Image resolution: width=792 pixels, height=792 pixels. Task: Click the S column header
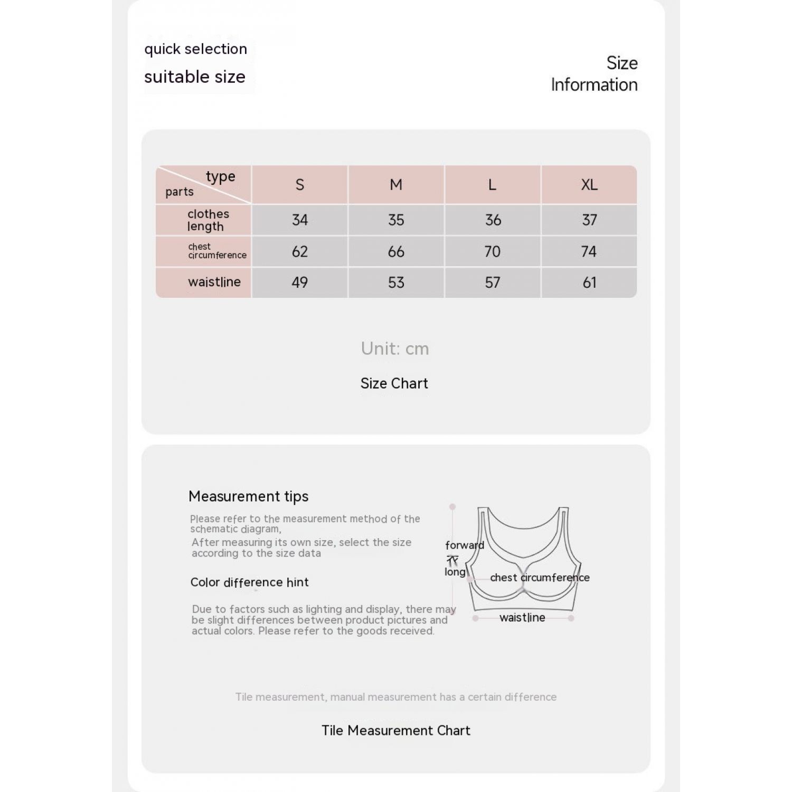tap(299, 185)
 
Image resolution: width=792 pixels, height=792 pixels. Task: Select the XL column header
tap(589, 185)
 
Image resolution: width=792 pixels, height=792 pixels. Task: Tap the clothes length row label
tap(208, 220)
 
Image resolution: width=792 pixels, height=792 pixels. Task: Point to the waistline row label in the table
tap(214, 282)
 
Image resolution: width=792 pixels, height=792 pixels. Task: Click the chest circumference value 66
tap(396, 251)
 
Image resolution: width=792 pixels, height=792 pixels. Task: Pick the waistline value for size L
tap(492, 282)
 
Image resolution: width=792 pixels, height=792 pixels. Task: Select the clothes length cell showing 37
tap(589, 220)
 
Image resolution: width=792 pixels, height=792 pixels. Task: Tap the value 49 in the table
tap(299, 282)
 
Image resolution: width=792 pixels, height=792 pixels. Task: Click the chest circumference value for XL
tap(589, 251)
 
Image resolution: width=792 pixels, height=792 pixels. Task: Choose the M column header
tap(396, 185)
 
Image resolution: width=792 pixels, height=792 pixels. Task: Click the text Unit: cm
tap(395, 348)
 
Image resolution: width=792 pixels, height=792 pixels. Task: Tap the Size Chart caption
tap(394, 383)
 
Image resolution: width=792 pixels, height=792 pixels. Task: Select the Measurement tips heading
tap(248, 496)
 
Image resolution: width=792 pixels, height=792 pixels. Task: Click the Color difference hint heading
tap(249, 582)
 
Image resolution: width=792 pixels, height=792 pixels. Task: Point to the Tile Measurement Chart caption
tap(396, 730)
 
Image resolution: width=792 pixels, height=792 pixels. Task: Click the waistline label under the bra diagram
tap(522, 618)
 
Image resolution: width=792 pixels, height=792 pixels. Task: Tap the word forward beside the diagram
tap(464, 545)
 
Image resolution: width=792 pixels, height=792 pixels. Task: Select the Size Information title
tap(595, 74)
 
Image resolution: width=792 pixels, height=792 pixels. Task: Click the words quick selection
tap(195, 49)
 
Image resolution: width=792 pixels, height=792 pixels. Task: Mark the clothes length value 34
tap(299, 220)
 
